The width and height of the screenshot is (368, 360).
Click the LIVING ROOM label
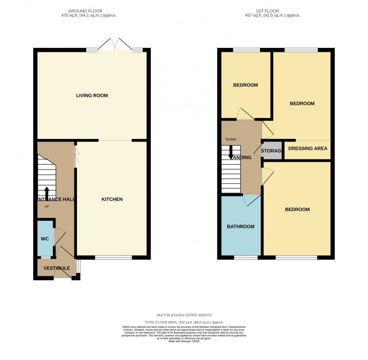(x=92, y=95)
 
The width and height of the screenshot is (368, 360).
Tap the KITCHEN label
(x=112, y=199)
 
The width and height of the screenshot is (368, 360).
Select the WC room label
(x=44, y=238)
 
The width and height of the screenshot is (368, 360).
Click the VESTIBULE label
(x=57, y=268)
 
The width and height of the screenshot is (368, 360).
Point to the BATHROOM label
(x=241, y=227)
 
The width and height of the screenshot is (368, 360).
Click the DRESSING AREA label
(x=307, y=149)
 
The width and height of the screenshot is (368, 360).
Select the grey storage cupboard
(x=272, y=151)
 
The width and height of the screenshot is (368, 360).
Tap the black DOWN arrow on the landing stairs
(x=231, y=152)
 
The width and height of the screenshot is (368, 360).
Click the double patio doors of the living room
(x=114, y=44)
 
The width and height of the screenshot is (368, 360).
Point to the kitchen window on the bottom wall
(x=114, y=258)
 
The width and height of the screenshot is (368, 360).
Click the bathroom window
(x=246, y=258)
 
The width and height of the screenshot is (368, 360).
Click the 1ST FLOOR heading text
(x=270, y=10)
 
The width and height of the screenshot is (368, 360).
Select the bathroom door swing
(x=252, y=200)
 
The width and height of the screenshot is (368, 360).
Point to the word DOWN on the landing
(x=231, y=140)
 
